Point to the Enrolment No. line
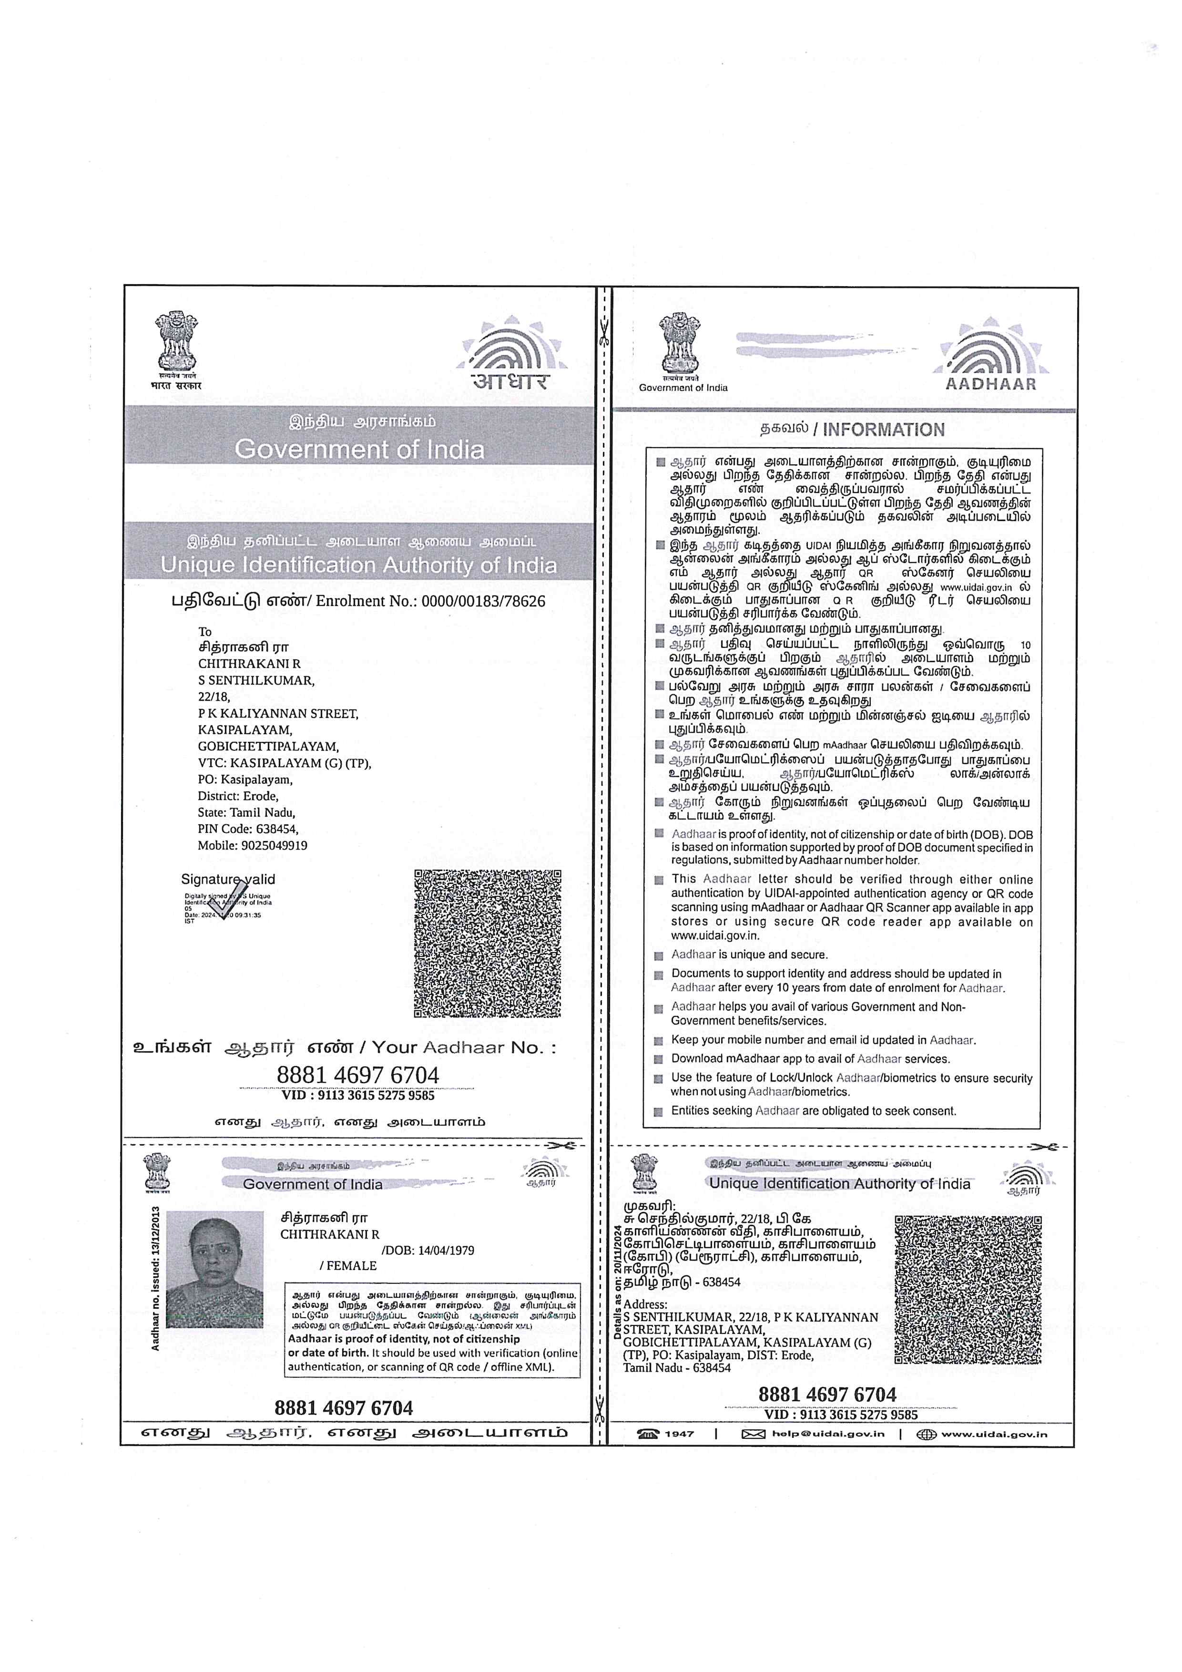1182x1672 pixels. coord(358,601)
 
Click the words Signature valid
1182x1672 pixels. coord(228,880)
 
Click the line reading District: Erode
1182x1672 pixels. coord(238,796)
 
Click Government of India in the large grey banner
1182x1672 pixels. coord(359,449)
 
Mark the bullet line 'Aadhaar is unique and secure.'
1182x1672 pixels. coord(749,954)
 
